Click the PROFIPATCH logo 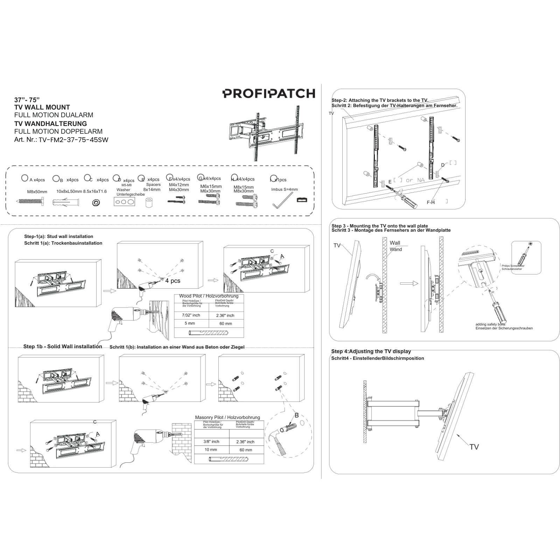coord(269,93)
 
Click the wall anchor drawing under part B coord(66,202)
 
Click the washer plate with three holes coord(124,202)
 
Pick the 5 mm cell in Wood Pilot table coord(190,323)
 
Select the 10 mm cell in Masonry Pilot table coord(211,450)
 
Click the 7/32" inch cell coord(191,315)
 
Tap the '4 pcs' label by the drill coord(173,281)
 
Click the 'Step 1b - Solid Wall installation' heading coord(63,346)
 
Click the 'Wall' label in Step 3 coord(395,243)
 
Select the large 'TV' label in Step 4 coord(474,447)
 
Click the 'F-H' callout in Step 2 coord(430,202)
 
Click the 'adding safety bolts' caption coord(490,324)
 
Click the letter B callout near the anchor coord(296,415)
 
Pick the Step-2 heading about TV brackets coord(380,100)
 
